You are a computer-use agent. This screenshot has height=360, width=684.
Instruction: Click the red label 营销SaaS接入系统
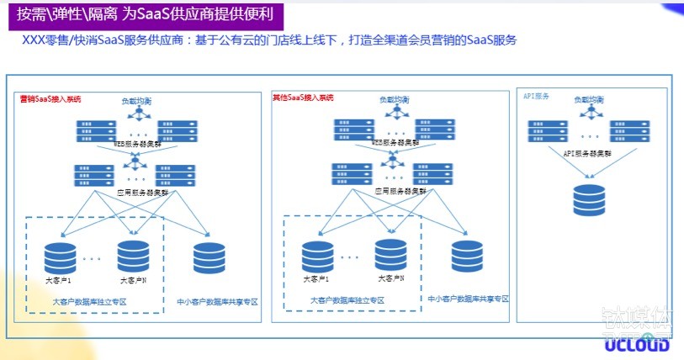pos(50,99)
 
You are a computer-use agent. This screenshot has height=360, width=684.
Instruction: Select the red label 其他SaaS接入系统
pos(303,98)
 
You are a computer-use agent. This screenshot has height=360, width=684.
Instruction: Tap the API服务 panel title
pos(536,97)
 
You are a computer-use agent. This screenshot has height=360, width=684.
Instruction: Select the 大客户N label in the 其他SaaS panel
pos(391,278)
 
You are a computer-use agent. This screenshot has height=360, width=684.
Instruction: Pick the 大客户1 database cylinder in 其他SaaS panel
pos(317,257)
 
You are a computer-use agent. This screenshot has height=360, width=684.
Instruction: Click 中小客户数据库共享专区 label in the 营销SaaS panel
pos(217,300)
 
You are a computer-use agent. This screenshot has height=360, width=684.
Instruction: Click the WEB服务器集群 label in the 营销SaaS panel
pos(138,145)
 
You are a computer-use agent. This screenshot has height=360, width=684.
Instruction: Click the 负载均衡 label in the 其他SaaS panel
pos(394,100)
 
